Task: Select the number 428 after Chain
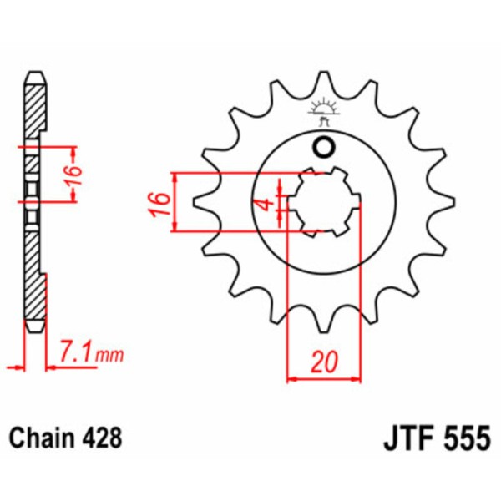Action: (104, 437)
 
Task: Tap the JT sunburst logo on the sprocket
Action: (323, 111)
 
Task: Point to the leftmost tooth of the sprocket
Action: (199, 203)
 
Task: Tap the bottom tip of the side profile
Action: (33, 330)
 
